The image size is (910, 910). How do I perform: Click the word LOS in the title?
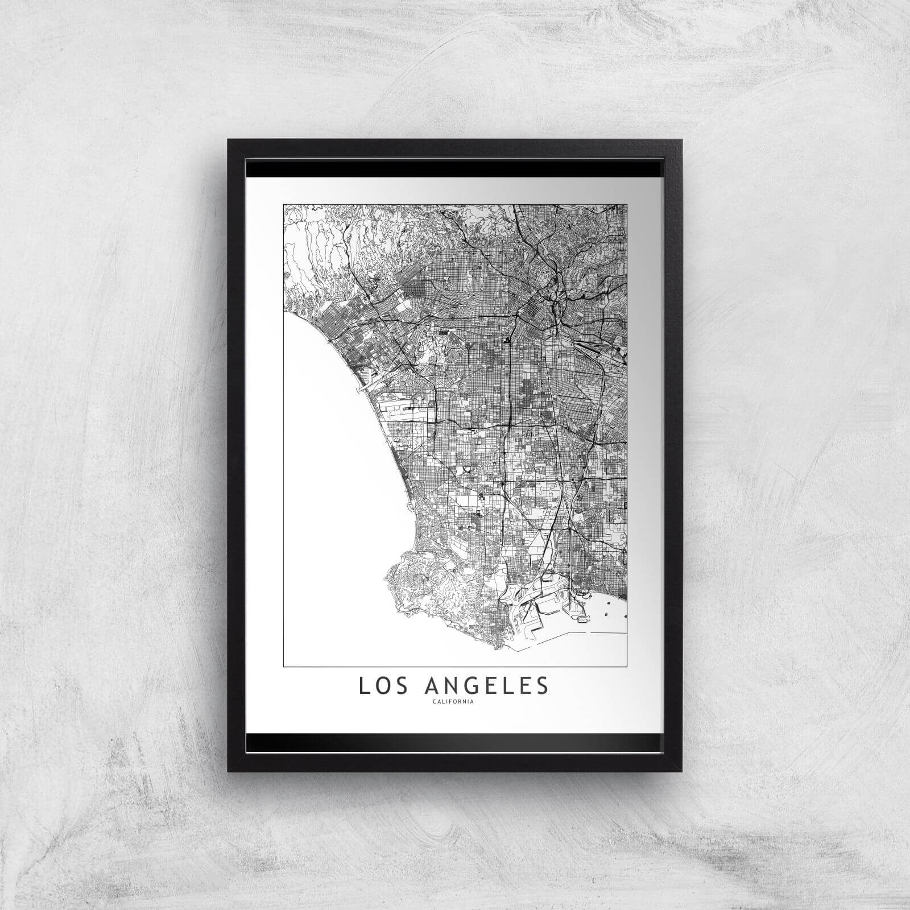click(380, 686)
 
